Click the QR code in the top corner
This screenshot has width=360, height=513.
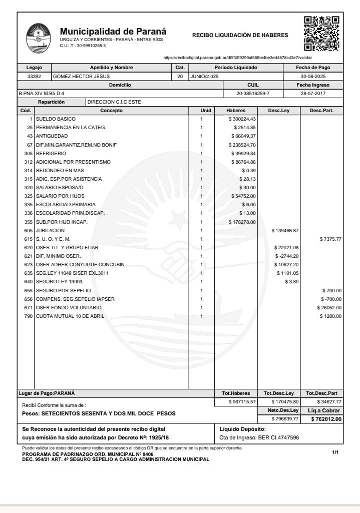tap(321, 34)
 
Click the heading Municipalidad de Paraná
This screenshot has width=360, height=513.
tap(113, 32)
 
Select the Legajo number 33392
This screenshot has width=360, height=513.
tap(34, 77)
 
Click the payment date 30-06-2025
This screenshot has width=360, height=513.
tap(313, 77)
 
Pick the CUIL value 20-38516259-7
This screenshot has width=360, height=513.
tap(253, 94)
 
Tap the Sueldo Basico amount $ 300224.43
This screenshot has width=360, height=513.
tap(242, 119)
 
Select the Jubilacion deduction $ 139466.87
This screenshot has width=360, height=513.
tap(285, 230)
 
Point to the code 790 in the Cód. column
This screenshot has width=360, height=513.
tap(28, 316)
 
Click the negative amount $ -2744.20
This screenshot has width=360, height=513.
tap(286, 256)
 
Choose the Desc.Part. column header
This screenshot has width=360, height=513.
tap(321, 110)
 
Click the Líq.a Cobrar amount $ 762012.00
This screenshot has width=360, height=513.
tap(326, 419)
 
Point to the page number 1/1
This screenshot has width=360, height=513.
tap(335, 452)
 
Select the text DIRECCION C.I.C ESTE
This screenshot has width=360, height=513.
tap(114, 102)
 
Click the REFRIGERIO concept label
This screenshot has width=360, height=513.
tap(51, 153)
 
